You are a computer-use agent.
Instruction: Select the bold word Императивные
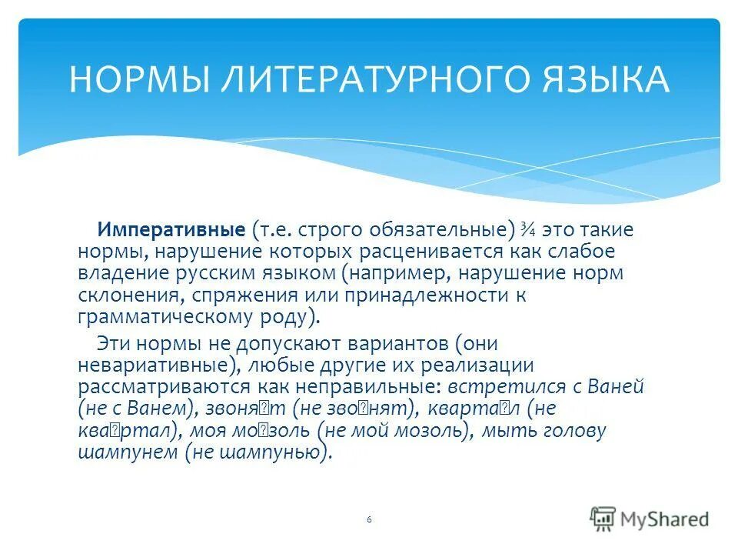click(171, 229)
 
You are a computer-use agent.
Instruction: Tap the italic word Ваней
click(617, 386)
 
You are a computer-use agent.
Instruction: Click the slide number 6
click(369, 520)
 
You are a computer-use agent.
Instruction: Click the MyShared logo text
click(666, 519)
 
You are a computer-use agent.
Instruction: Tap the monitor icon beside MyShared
click(603, 518)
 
